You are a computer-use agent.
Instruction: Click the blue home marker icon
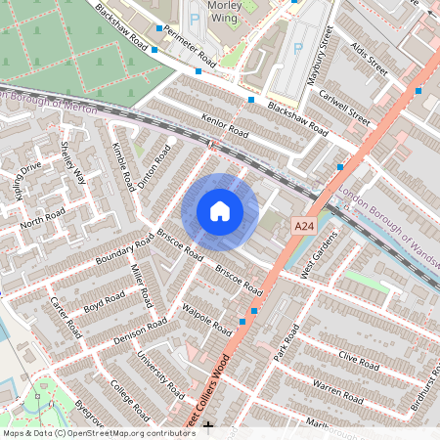pos(220,211)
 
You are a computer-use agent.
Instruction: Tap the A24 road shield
pos(305,226)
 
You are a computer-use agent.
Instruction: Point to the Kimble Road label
pos(123,166)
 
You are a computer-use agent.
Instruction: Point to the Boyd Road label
pos(106,300)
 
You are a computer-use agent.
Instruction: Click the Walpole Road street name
pos(207,317)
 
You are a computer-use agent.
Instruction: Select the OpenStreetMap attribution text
pos(98,432)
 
